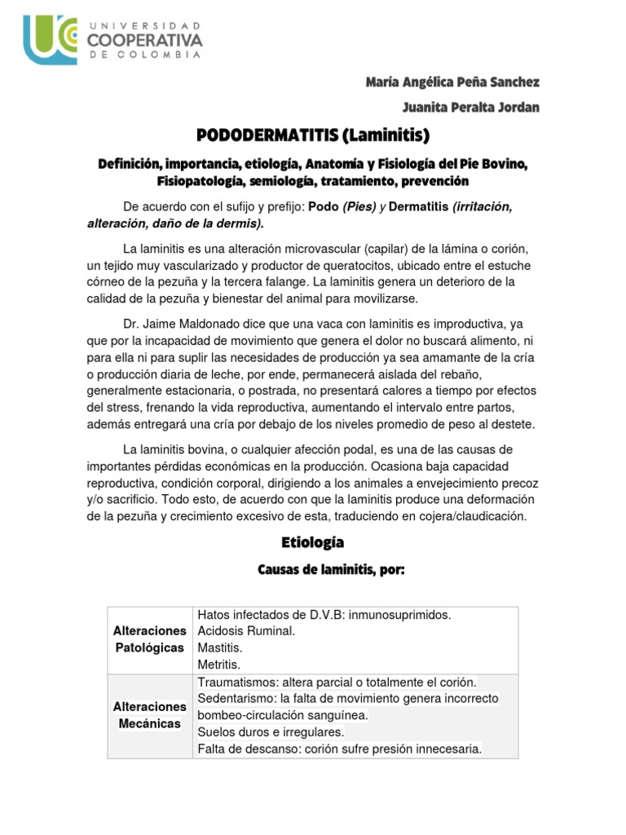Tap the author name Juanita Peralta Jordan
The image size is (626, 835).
(x=470, y=108)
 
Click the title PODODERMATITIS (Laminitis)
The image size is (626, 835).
(x=312, y=135)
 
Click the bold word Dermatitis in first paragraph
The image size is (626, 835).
(x=419, y=207)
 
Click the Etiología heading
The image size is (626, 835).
(x=312, y=542)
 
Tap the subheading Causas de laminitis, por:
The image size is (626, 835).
(x=331, y=571)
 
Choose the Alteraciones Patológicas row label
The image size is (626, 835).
(x=150, y=639)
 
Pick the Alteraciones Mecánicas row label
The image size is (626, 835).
(x=150, y=715)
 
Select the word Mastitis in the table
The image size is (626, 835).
(x=220, y=647)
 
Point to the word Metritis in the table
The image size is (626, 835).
(x=219, y=665)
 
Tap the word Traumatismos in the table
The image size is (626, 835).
(x=236, y=682)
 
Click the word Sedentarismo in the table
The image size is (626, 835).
(x=236, y=699)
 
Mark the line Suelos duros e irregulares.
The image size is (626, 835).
(x=271, y=732)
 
